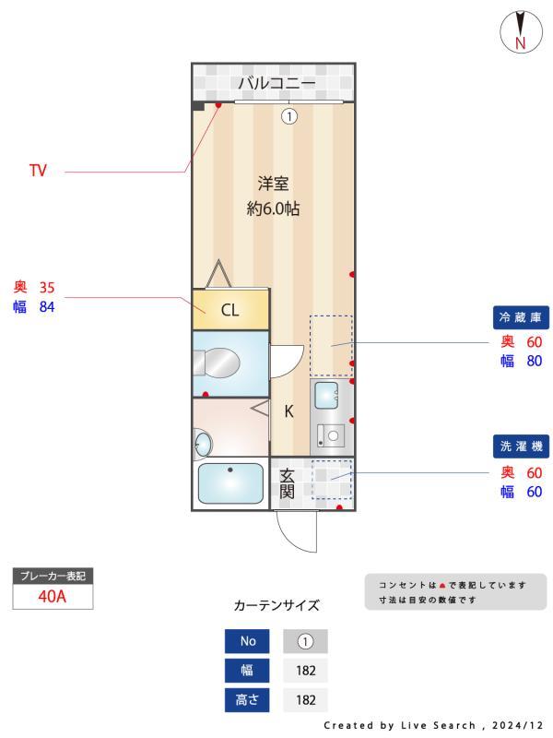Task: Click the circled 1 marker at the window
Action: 289,116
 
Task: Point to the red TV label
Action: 38,171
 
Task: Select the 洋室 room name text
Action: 273,184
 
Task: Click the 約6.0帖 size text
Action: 273,208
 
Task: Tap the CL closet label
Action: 229,310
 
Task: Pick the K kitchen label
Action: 288,411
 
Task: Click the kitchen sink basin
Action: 327,396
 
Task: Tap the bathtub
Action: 229,483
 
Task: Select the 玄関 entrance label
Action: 288,482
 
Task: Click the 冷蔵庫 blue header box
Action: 522,317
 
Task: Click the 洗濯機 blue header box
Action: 522,446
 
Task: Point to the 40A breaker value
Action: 53,596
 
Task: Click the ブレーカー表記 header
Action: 53,576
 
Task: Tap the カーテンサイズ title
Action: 276,606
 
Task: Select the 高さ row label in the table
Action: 248,699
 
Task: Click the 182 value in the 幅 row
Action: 305,671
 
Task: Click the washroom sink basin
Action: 203,446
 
